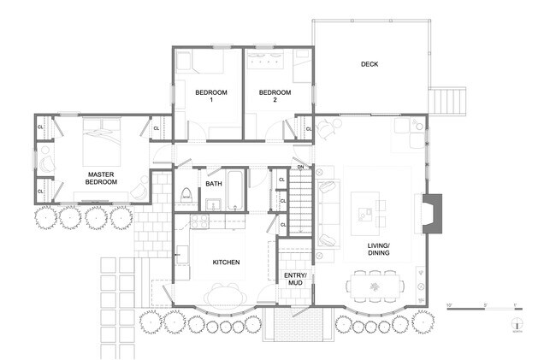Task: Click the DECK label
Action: [x=370, y=64]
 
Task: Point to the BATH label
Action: [x=214, y=183]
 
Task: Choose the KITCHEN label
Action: [x=226, y=262]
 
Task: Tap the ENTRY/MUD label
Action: [x=296, y=279]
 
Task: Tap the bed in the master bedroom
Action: [x=105, y=136]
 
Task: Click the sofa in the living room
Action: [x=326, y=215]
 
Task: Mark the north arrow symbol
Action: [x=517, y=326]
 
